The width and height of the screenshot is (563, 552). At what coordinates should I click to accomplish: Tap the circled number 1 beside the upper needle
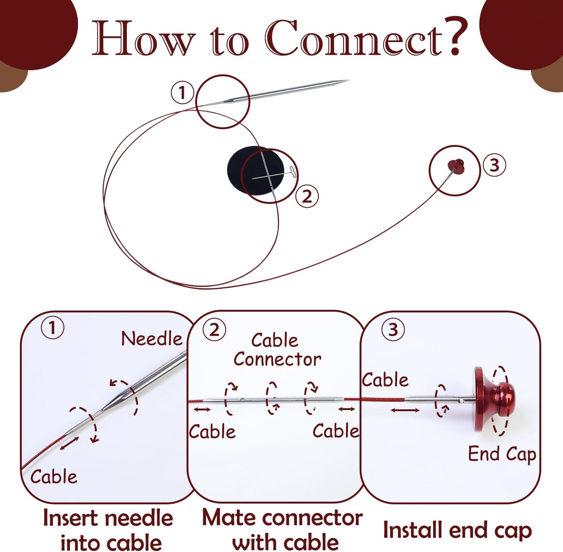[x=182, y=92]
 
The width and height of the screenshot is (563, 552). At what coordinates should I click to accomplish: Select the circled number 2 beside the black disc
[x=307, y=196]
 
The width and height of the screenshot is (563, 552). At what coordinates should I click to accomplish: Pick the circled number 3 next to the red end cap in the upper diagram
[x=494, y=165]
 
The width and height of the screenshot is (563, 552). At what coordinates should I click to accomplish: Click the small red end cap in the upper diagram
[x=456, y=164]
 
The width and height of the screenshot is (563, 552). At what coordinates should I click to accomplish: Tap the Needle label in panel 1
[x=152, y=339]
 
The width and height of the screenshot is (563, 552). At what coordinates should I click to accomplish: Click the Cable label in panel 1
[x=54, y=477]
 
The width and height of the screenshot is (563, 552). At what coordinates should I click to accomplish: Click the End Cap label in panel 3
[x=502, y=454]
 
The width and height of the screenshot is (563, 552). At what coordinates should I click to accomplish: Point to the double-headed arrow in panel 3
[x=405, y=410]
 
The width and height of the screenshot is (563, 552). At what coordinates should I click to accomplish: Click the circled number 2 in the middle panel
[x=214, y=330]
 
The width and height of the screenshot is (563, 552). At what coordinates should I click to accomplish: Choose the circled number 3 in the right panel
[x=393, y=330]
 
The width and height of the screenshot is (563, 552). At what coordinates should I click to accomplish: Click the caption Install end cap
[x=457, y=530]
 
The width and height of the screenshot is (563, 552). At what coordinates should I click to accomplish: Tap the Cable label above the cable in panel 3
[x=385, y=380]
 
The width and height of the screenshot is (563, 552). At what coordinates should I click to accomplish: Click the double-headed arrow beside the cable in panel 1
[x=69, y=443]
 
